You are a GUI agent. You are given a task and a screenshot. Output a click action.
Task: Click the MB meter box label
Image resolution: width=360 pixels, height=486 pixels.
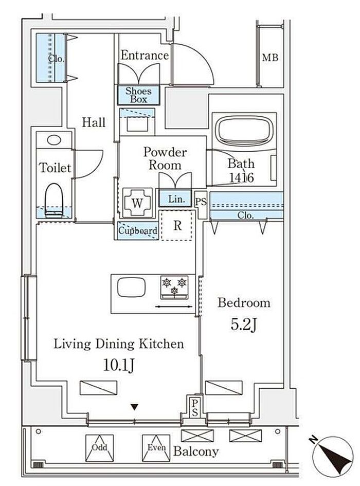[270, 57]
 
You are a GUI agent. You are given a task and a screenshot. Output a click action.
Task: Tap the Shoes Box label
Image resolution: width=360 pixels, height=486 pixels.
[138, 95]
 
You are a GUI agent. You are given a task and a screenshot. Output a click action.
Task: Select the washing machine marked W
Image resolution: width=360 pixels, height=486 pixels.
[137, 203]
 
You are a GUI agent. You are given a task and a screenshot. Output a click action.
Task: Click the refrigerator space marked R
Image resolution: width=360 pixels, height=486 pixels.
[177, 225]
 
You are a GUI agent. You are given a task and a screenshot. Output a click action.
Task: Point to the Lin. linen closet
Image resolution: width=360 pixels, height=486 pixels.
[175, 199]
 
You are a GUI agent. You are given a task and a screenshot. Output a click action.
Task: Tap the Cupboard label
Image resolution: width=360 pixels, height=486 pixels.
[138, 231]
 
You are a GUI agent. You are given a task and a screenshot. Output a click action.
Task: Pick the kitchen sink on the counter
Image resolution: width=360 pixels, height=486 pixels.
[131, 287]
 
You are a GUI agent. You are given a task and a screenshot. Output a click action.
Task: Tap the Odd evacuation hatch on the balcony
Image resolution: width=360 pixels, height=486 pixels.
[100, 448]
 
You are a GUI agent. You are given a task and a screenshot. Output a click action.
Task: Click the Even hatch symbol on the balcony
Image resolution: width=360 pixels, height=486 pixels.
[156, 448]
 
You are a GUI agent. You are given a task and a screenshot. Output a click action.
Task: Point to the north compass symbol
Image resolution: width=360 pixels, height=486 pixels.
[332, 455]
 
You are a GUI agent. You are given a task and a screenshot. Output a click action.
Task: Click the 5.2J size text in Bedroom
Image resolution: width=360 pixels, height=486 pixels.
[244, 325]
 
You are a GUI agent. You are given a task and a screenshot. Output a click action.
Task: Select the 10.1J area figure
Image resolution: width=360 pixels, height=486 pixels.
[119, 366]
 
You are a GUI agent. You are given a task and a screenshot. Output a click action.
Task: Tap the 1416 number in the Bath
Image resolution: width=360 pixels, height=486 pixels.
[242, 177]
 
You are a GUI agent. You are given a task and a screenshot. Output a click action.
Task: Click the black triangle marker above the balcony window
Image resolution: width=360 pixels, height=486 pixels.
[134, 407]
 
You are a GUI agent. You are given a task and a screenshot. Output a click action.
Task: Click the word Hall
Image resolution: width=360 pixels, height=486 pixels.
[94, 122]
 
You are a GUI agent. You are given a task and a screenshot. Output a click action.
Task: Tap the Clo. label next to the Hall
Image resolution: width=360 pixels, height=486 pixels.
[56, 58]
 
